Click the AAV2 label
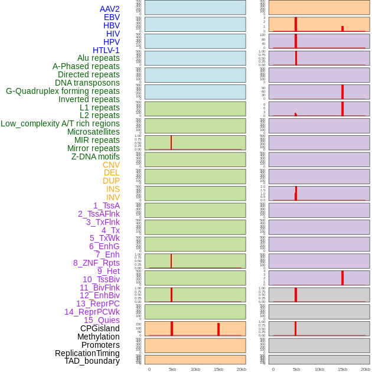[109, 9]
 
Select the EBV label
[112, 17]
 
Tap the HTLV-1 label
[106, 50]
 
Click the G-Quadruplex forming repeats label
[63, 91]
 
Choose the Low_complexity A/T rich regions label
[60, 123]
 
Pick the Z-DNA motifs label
[95, 156]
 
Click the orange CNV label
[111, 165]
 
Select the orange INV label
[113, 197]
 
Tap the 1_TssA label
[106, 205]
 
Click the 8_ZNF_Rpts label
[96, 263]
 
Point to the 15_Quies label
[102, 320]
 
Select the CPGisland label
[100, 328]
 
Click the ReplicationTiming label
[87, 353]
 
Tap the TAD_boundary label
[92, 361]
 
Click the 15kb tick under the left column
[218, 369]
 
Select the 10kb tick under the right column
[319, 369]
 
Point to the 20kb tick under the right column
[366, 369]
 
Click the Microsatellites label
[93, 132]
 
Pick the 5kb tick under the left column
[172, 369]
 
